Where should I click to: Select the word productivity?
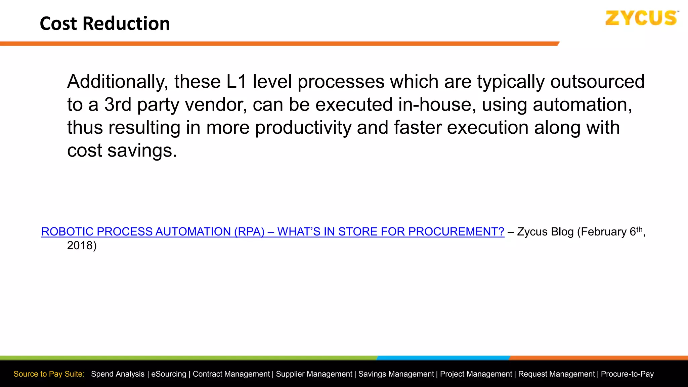303,128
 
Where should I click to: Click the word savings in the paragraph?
142,150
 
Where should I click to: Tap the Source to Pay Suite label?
49,374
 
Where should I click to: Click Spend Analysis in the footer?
118,374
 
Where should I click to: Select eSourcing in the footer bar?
169,374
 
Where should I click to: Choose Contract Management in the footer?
231,374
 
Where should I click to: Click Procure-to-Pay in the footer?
627,374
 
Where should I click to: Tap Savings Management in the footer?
396,374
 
